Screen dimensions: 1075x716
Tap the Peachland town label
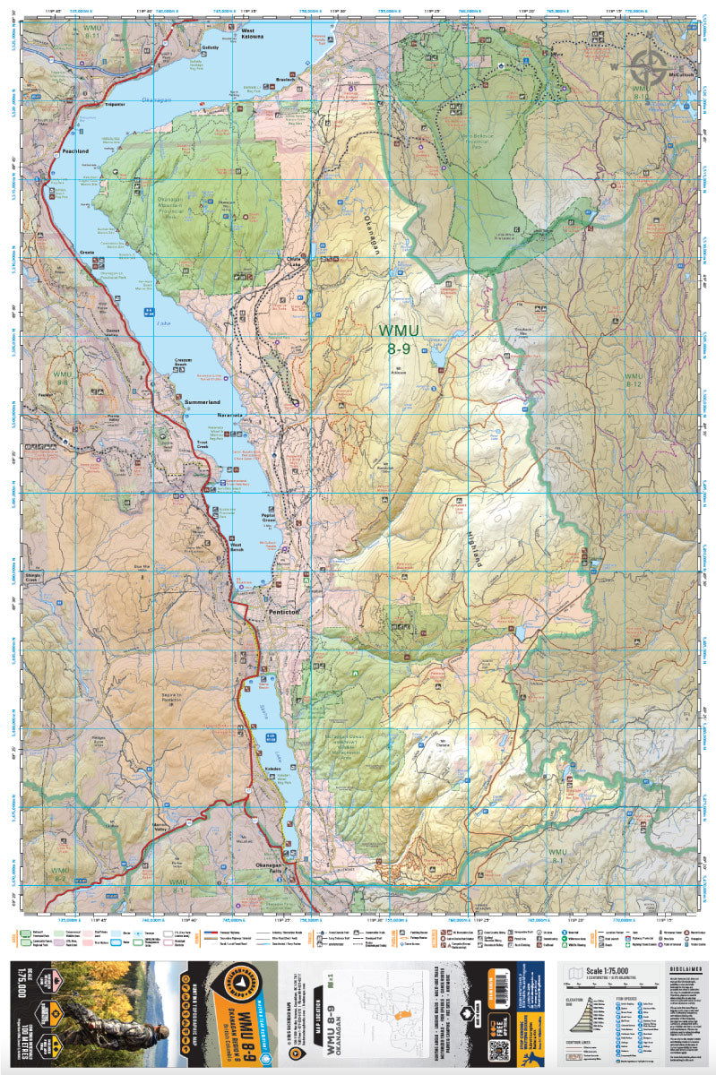click(75, 151)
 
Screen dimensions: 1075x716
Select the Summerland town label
click(202, 403)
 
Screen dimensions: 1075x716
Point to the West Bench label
click(237, 545)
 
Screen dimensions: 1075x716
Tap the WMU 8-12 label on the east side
click(634, 380)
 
